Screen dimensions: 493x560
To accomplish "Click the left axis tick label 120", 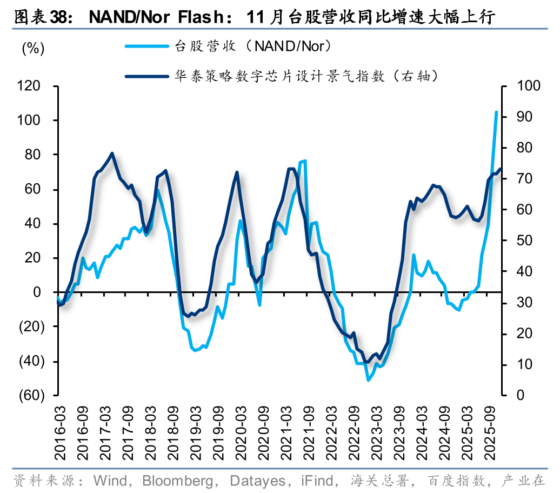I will coord(30,86).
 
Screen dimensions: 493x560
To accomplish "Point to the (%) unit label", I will coord(32,48).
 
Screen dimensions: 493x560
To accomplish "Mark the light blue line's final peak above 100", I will coord(496,112).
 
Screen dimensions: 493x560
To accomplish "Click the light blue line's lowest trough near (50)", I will coord(368,380).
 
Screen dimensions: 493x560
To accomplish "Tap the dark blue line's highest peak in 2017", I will coord(112,154).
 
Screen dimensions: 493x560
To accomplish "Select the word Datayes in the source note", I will coord(256,480).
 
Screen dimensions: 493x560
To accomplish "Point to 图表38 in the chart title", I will coord(41,17).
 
